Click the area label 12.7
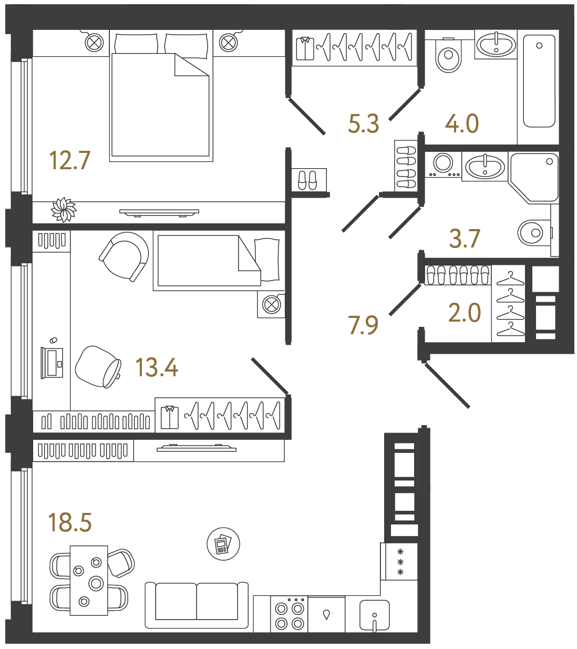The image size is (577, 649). (x=69, y=160)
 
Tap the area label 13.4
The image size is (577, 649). (x=157, y=367)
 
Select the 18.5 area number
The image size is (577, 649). (x=69, y=522)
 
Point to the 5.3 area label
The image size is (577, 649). (x=363, y=123)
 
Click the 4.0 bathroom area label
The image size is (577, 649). (x=462, y=123)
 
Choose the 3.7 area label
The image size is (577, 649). (x=465, y=238)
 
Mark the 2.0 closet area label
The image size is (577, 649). (x=465, y=313)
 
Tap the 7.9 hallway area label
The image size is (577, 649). (x=363, y=325)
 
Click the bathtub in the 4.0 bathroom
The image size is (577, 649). (x=539, y=81)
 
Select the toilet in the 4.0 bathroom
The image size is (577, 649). (x=448, y=55)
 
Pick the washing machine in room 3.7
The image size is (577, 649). (x=443, y=164)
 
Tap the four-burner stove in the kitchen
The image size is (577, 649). (x=290, y=615)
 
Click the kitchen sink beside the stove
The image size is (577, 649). (x=375, y=615)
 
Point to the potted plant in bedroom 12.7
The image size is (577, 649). (x=64, y=210)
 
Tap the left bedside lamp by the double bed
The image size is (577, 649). (x=94, y=42)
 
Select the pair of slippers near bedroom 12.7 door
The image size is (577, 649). (x=307, y=180)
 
